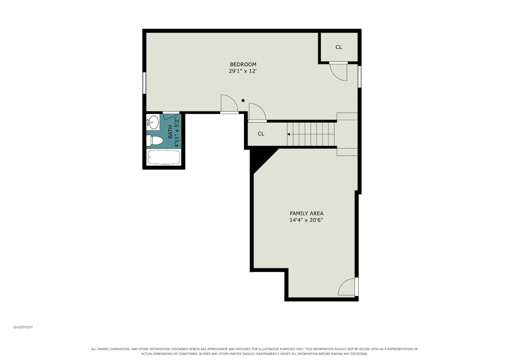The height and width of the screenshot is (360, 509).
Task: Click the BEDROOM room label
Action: pyautogui.click(x=243, y=65)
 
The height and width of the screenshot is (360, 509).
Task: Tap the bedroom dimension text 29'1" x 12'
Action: pyautogui.click(x=243, y=71)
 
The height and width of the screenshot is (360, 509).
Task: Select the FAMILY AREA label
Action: pyautogui.click(x=306, y=214)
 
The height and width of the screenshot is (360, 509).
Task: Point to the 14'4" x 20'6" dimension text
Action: pyautogui.click(x=306, y=220)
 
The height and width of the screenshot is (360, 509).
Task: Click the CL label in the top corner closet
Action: pyautogui.click(x=339, y=47)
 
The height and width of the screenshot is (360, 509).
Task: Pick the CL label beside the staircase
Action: pyautogui.click(x=261, y=134)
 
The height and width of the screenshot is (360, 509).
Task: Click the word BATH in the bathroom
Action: pyautogui.click(x=170, y=132)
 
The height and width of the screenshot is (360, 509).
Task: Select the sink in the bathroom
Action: pyautogui.click(x=153, y=122)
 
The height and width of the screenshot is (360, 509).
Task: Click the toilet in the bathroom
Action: pyautogui.click(x=154, y=140)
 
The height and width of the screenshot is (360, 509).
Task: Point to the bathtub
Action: pyautogui.click(x=164, y=157)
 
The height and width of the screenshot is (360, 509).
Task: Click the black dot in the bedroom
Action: pyautogui.click(x=243, y=100)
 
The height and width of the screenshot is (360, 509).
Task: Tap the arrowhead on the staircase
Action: pyautogui.click(x=288, y=134)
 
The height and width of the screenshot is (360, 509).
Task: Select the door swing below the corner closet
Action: pyautogui.click(x=338, y=72)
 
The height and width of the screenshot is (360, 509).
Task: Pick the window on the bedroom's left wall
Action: pyautogui.click(x=144, y=83)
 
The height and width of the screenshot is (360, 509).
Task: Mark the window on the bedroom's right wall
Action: pyautogui.click(x=359, y=76)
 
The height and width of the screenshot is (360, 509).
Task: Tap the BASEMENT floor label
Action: pyautogui.click(x=23, y=327)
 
